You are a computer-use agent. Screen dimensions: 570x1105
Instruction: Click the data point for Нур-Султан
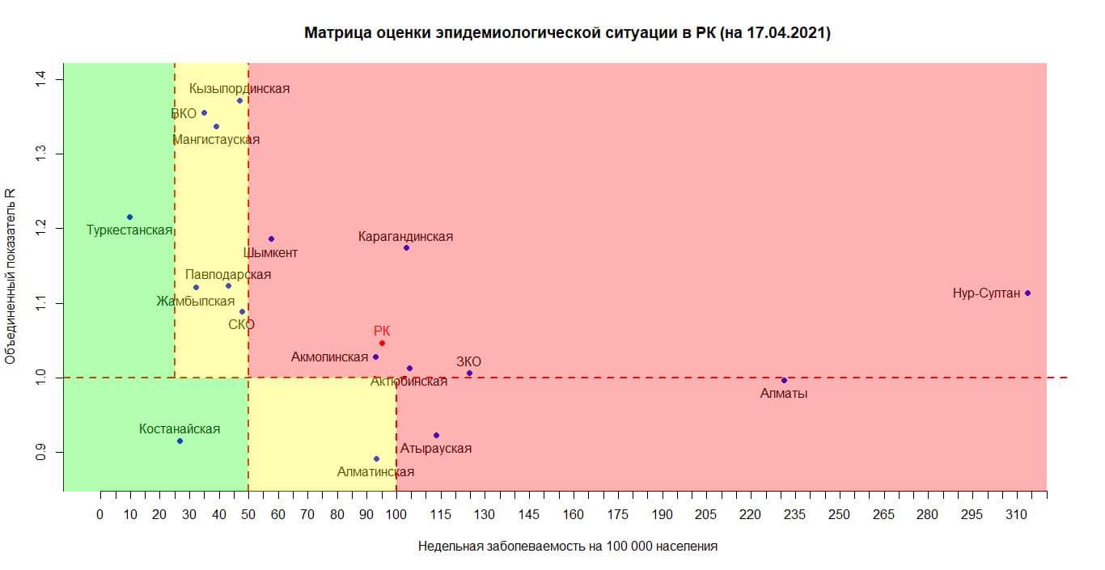tap(1027, 293)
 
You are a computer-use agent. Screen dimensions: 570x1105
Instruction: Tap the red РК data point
tap(382, 343)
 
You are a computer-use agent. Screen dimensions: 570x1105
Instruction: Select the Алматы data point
tap(784, 380)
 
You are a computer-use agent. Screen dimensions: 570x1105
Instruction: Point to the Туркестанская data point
tap(129, 217)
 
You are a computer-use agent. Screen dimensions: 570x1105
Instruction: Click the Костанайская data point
tap(180, 441)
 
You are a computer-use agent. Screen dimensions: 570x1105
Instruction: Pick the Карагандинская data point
tap(406, 247)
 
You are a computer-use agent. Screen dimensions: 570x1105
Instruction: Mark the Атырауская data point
tap(436, 435)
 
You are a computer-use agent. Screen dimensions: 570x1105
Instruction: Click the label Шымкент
tap(270, 253)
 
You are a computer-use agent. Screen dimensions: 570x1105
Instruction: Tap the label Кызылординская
tap(239, 88)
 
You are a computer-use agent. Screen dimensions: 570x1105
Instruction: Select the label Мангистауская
tap(216, 140)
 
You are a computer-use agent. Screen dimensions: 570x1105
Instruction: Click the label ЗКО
tap(468, 361)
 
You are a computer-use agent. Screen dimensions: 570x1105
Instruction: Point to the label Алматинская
tap(375, 472)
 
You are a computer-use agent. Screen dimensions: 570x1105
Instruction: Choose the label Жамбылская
tap(196, 302)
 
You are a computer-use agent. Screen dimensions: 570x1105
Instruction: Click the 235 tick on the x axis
tap(795, 514)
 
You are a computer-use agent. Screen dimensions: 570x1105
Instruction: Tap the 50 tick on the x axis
tap(248, 514)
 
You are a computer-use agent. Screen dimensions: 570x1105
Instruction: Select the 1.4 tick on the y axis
tap(40, 79)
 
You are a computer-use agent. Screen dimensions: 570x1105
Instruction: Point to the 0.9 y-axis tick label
tap(40, 452)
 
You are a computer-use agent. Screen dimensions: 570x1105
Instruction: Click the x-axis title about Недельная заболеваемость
tap(567, 546)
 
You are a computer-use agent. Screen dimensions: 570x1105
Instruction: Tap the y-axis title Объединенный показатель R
tap(11, 277)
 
